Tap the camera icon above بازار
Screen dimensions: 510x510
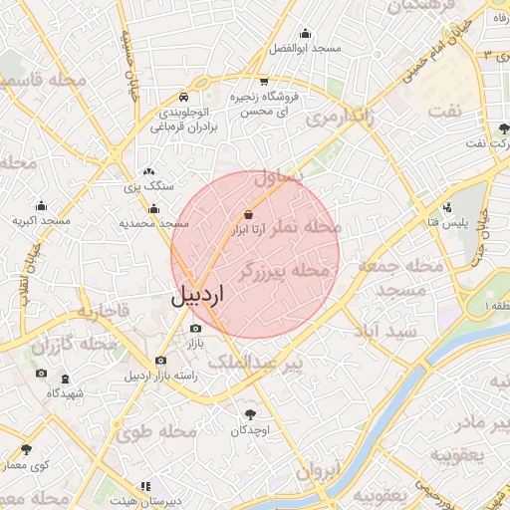click(x=195, y=328)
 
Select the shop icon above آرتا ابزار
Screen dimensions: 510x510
click(x=247, y=214)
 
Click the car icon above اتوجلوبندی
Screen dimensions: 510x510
click(x=184, y=98)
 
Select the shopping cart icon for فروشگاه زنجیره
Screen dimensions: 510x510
click(x=263, y=82)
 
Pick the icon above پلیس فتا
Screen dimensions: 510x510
click(x=447, y=208)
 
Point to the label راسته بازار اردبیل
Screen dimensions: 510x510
click(x=160, y=376)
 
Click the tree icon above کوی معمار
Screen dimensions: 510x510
click(x=26, y=449)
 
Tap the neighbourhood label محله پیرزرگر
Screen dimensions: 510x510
click(x=283, y=270)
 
